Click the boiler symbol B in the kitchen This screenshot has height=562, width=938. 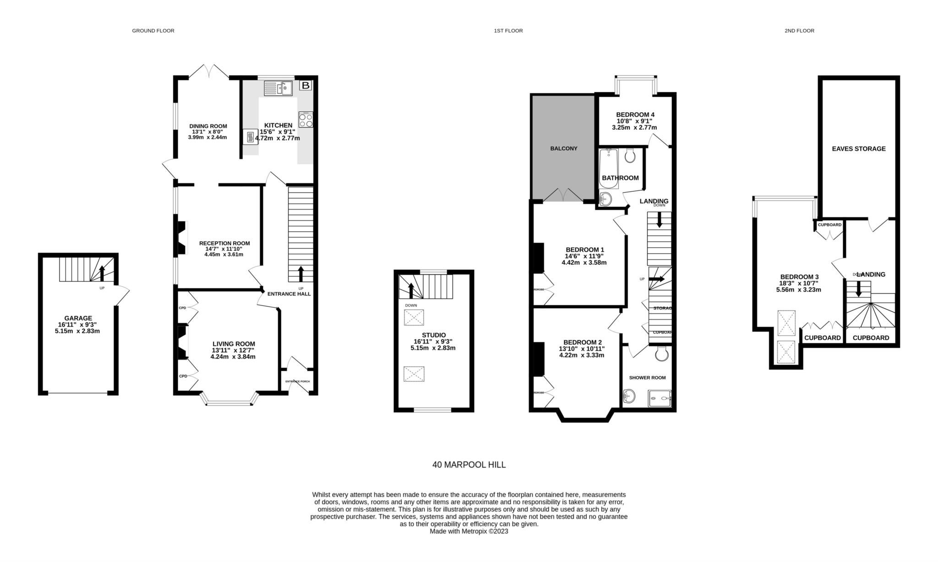pos(305,86)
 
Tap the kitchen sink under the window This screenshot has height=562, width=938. pos(278,88)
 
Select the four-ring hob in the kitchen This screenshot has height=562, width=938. pos(305,119)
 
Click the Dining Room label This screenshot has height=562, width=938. pos(208,126)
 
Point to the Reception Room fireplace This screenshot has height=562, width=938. pos(182,238)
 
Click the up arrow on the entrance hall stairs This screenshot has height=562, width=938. pos(301,274)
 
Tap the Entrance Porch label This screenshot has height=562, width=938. pos(297,381)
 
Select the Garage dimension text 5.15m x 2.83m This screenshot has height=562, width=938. pos(77,331)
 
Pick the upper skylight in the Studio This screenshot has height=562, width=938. pos(414,317)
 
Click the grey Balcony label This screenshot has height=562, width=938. pos(563,148)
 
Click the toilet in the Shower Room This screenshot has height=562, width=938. pos(661,353)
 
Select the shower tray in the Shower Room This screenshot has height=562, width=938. pos(660,398)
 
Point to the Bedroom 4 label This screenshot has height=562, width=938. pos(635,114)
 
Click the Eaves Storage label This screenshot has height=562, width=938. pos(858,149)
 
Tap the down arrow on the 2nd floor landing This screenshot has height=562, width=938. pos(858,288)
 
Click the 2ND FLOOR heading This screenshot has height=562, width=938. pos(799,31)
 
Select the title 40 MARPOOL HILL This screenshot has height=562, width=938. pos(469,465)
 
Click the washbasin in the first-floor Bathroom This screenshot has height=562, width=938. pos(605,199)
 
